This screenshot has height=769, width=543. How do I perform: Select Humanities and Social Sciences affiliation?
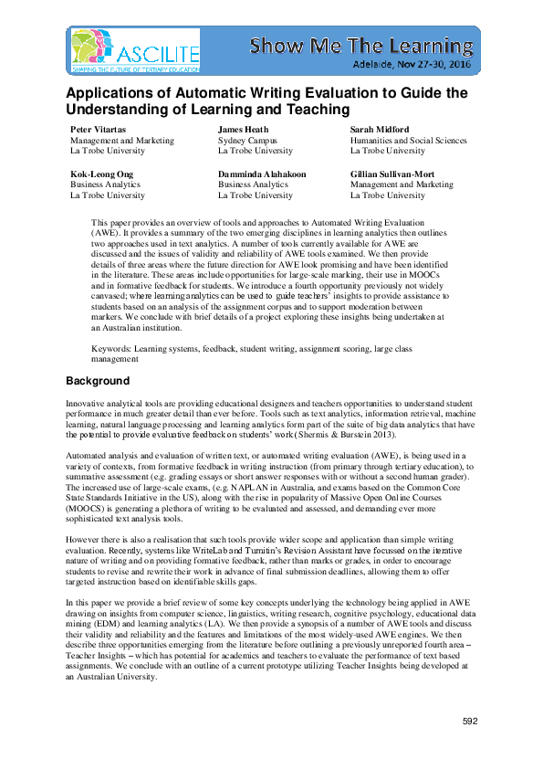point(408,141)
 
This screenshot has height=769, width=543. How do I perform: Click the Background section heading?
point(98,381)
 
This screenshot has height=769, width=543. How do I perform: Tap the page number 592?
point(470,722)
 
